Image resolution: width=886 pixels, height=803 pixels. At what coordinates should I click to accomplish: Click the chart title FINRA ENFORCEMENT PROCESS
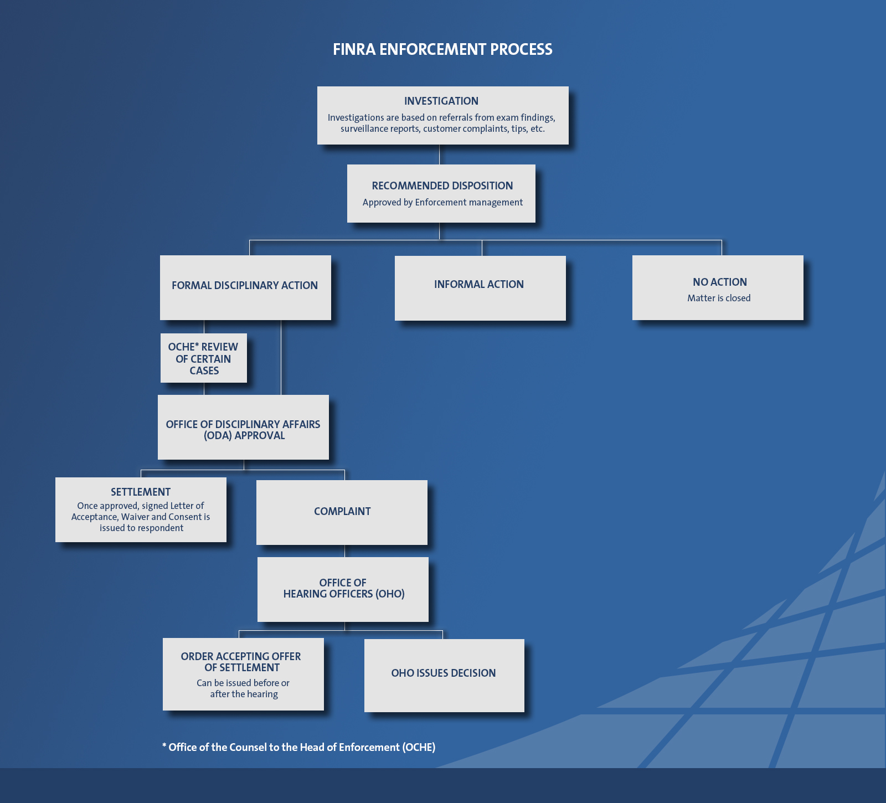[x=442, y=50]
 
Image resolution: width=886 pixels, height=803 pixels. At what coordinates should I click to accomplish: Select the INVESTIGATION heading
[x=441, y=101]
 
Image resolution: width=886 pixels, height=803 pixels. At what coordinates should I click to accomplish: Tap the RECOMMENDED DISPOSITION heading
[x=442, y=186]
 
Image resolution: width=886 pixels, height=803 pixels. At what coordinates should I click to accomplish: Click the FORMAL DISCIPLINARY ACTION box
[x=245, y=287]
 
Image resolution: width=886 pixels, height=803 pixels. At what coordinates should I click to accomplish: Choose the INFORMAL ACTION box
[x=480, y=287]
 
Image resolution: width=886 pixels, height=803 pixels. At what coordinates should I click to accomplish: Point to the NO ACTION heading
[x=719, y=282]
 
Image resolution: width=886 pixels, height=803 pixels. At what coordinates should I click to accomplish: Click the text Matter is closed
[x=719, y=298]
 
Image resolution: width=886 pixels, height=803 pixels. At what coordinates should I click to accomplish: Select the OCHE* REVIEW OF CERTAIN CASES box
[x=203, y=358]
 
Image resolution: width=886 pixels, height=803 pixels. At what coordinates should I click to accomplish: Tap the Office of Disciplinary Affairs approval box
[x=243, y=428]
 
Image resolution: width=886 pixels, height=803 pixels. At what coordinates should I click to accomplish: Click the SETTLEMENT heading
[x=141, y=492]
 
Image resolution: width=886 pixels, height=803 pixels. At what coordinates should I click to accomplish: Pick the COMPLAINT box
[x=342, y=512]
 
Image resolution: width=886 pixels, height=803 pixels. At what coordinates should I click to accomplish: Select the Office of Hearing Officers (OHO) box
[x=343, y=589]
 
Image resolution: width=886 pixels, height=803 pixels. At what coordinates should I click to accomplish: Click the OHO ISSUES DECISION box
[x=444, y=674]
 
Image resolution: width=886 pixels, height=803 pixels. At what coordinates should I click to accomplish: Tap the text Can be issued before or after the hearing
[x=243, y=689]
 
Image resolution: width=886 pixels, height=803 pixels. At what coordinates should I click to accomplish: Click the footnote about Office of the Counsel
[x=299, y=748]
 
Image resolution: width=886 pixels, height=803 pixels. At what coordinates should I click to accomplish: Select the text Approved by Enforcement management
[x=442, y=203]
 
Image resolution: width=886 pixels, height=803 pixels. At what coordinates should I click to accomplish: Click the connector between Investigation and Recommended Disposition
[x=439, y=155]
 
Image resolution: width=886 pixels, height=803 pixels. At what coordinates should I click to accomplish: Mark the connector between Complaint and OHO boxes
[x=344, y=551]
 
